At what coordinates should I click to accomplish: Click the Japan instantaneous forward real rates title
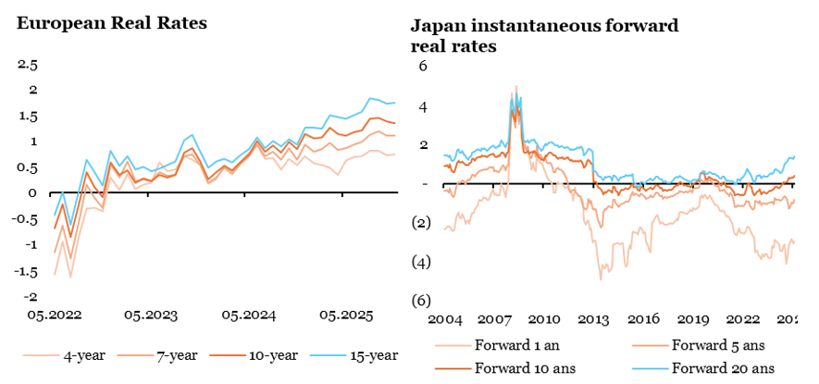click(x=544, y=34)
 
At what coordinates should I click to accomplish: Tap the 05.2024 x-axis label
click(x=249, y=315)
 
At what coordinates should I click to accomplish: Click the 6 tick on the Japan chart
click(x=422, y=66)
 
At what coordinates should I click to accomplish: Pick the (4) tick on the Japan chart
click(x=420, y=262)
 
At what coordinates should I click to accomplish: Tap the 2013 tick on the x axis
click(x=592, y=319)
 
